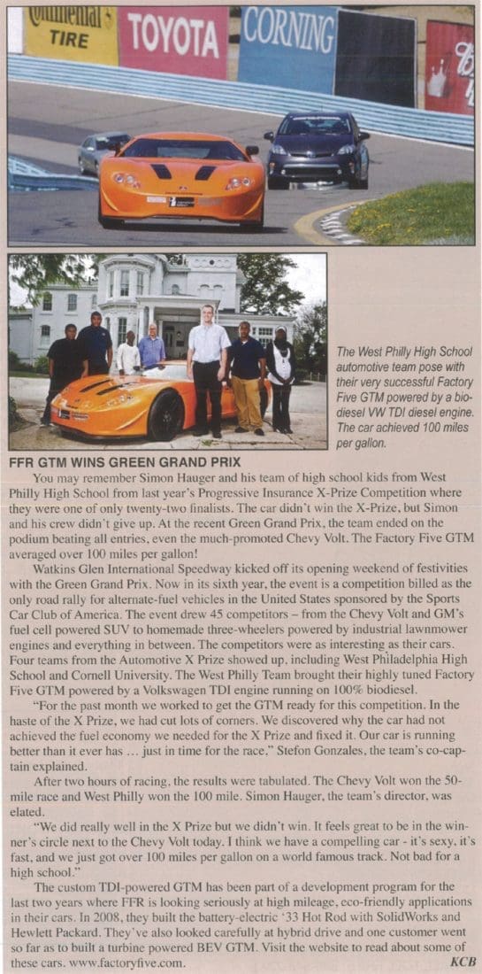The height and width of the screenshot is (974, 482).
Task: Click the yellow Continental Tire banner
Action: tap(67, 35)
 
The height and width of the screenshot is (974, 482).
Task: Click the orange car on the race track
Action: tap(180, 182)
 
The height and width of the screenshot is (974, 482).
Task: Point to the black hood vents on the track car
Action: tap(182, 171)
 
